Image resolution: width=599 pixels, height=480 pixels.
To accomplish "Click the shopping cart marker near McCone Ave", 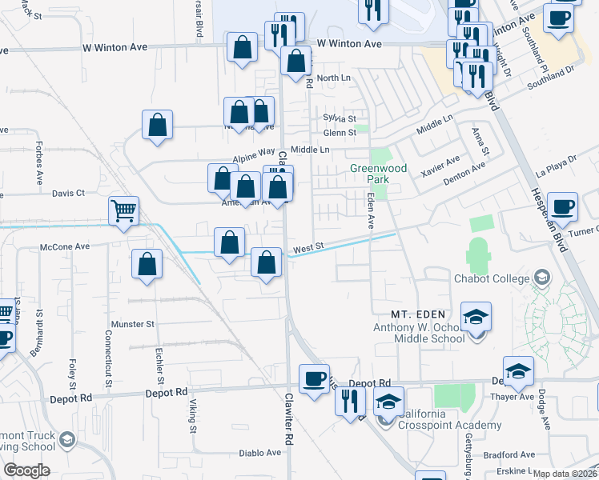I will (x=124, y=212).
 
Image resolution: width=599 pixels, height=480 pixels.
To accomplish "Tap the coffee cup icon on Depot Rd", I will (x=314, y=378).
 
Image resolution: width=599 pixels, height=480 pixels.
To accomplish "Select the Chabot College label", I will (x=492, y=278).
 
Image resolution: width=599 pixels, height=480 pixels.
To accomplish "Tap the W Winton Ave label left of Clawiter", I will (x=115, y=47).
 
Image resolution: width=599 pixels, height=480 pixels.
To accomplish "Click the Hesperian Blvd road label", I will (x=548, y=220).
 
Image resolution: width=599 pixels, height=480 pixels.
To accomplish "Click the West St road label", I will (x=308, y=250).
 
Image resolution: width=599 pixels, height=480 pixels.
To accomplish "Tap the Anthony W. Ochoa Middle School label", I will (x=419, y=333).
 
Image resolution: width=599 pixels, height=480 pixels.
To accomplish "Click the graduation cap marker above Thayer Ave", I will (x=518, y=370).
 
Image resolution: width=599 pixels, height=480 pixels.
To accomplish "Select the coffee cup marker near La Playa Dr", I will (x=563, y=207).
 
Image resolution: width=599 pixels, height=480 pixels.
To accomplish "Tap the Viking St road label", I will (x=193, y=417).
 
